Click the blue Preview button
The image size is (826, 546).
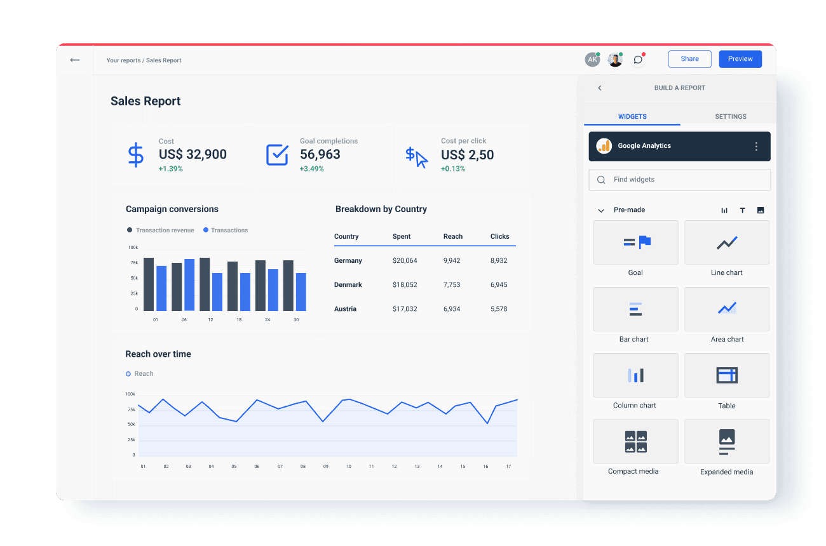click(x=740, y=59)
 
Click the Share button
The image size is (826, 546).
click(x=689, y=59)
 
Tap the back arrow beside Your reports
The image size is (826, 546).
click(x=75, y=60)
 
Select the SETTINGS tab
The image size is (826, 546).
click(x=730, y=116)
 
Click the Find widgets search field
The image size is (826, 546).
click(x=680, y=180)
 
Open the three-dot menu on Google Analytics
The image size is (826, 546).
click(x=756, y=147)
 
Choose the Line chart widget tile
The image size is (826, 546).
click(x=726, y=243)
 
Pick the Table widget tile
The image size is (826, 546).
click(x=726, y=375)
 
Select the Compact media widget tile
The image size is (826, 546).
click(x=635, y=441)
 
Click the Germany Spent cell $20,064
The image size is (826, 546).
click(x=405, y=260)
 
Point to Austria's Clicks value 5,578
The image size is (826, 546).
click(x=499, y=309)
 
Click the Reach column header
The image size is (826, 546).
click(x=453, y=236)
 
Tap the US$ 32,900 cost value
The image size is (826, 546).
click(x=193, y=154)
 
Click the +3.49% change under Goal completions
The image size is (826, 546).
click(x=312, y=169)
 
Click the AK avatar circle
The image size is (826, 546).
click(x=592, y=60)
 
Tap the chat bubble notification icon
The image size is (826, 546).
click(x=639, y=60)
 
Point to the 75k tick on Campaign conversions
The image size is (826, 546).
click(x=134, y=263)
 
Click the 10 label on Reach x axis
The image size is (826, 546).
click(x=348, y=466)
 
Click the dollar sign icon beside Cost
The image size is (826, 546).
click(x=135, y=155)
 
